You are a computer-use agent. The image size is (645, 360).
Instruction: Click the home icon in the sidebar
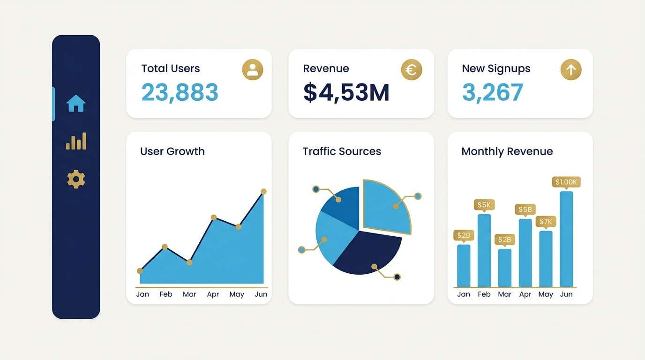(76, 104)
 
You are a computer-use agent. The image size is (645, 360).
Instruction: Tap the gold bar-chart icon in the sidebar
(76, 141)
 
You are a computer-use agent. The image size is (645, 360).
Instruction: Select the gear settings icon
(76, 179)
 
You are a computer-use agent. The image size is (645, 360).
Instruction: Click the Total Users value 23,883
(180, 92)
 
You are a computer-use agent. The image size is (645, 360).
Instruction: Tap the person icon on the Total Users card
(252, 70)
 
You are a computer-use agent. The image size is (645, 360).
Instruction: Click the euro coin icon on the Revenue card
(412, 70)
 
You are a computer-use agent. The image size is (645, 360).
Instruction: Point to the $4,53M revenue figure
(346, 92)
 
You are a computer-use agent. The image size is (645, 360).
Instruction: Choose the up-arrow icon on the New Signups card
(570, 70)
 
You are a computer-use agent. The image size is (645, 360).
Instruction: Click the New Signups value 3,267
(492, 92)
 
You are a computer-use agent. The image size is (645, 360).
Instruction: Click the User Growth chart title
(172, 151)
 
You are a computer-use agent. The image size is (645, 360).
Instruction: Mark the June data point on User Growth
(263, 191)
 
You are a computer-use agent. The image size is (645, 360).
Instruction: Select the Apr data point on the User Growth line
(214, 217)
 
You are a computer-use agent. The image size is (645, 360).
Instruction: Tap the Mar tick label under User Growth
(189, 294)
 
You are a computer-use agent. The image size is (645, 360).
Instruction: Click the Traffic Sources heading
(341, 151)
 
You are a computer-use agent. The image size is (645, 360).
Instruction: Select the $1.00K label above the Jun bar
(566, 182)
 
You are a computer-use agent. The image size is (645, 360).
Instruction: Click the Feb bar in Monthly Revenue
(484, 251)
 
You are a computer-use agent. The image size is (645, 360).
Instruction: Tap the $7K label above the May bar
(546, 221)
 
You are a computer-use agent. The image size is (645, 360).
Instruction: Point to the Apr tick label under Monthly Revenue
(525, 294)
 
